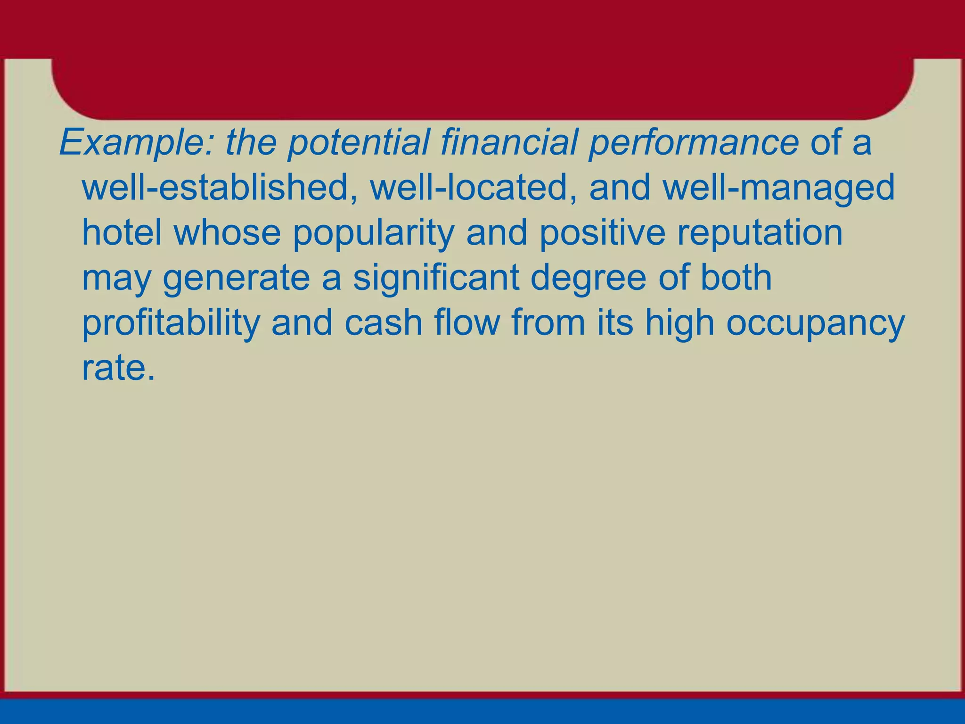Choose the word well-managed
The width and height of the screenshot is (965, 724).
pos(779,188)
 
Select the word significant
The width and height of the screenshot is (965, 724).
pos(436,278)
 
